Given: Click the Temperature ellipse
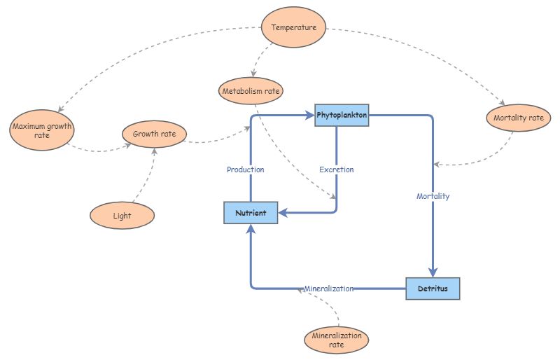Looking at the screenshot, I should coord(294,28).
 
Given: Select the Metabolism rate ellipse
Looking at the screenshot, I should coord(252,91).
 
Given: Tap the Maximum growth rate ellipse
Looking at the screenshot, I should coord(42,131).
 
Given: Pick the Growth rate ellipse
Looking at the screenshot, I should coord(154,133).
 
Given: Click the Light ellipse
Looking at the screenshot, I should coord(122,215).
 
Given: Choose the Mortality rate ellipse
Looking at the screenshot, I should coord(518,118).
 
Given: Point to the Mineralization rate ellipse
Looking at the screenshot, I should coord(336,340).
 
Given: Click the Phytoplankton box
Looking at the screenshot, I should coord(342,115).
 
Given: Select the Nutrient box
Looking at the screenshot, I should coord(251,213).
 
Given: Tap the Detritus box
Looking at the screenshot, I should coord(433,289).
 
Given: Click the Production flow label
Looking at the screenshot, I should coord(246,169).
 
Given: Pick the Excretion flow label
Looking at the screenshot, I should coord(337,169).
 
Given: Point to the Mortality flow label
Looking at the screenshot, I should coord(433,196).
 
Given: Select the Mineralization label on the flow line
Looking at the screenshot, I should coord(328,289).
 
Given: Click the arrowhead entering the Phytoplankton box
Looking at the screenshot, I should coord(309,115).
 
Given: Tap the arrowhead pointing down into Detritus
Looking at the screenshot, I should coord(433,272).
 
